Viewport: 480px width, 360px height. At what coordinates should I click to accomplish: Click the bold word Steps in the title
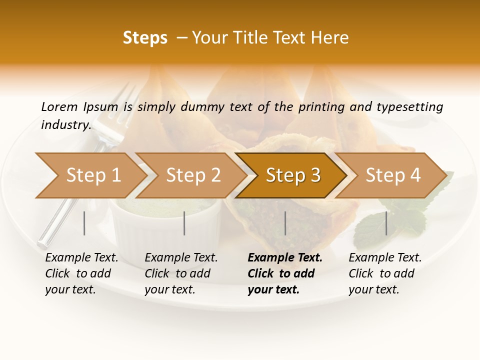(145, 38)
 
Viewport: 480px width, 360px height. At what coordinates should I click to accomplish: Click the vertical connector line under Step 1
(84, 223)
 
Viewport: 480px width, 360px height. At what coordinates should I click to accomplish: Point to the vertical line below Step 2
(184, 223)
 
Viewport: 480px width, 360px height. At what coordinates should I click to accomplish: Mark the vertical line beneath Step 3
(285, 223)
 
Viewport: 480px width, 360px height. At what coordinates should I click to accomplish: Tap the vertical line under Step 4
(386, 223)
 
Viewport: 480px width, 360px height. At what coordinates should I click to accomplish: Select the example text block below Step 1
(81, 273)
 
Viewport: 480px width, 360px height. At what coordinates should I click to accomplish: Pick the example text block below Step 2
(181, 273)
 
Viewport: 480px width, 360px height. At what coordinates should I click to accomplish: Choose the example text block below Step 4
(384, 273)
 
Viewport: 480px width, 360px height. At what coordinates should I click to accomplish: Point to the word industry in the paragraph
(66, 124)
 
